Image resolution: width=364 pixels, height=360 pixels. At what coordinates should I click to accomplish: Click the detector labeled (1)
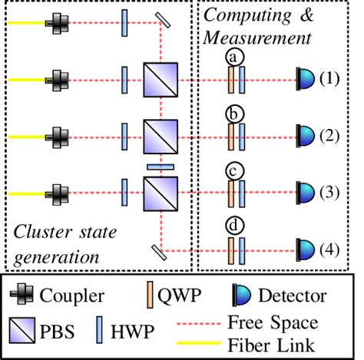[x=305, y=78]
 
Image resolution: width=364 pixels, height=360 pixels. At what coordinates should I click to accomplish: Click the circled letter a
[x=234, y=57]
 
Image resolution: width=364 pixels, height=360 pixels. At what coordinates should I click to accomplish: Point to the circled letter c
[x=234, y=170]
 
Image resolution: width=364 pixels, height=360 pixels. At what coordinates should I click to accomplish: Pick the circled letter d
[x=234, y=227]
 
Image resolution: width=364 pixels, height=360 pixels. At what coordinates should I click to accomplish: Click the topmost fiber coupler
[x=57, y=23]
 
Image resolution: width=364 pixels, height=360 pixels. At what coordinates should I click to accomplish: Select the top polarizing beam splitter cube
[x=160, y=79]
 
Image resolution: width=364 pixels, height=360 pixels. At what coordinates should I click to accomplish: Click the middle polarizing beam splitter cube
[x=160, y=135]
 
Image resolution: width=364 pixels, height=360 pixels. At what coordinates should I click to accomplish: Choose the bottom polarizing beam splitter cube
[x=160, y=190]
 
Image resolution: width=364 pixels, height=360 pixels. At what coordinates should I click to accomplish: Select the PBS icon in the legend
[x=27, y=331]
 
